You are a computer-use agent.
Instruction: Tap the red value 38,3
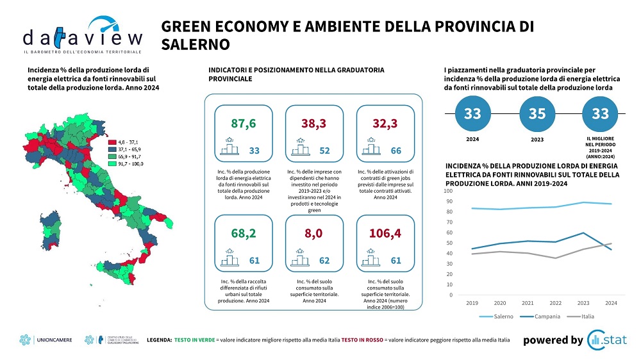[315, 123]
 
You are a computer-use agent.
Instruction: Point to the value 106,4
[385, 234]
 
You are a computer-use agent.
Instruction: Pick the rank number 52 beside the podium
[324, 151]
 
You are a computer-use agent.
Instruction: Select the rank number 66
[395, 151]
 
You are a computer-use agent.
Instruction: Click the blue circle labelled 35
[537, 114]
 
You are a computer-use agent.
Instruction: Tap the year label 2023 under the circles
[537, 139]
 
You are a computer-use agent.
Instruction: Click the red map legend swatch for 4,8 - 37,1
[111, 142]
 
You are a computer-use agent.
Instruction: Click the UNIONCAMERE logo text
[56, 340]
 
